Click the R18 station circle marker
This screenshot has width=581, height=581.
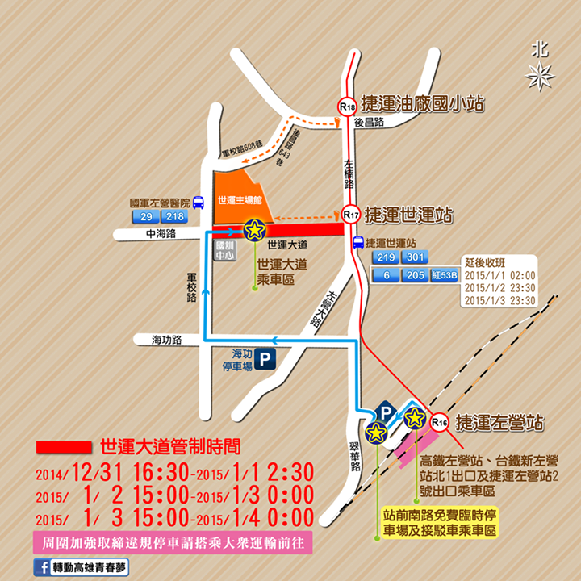tap(347, 107)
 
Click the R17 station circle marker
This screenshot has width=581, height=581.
tap(350, 215)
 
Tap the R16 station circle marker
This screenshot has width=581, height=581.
tap(439, 421)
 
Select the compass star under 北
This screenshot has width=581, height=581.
tap(539, 76)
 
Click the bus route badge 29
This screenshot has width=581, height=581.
tap(147, 218)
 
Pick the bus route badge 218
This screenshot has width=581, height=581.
tap(174, 218)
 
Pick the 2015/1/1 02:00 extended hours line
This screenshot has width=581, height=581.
tap(499, 275)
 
